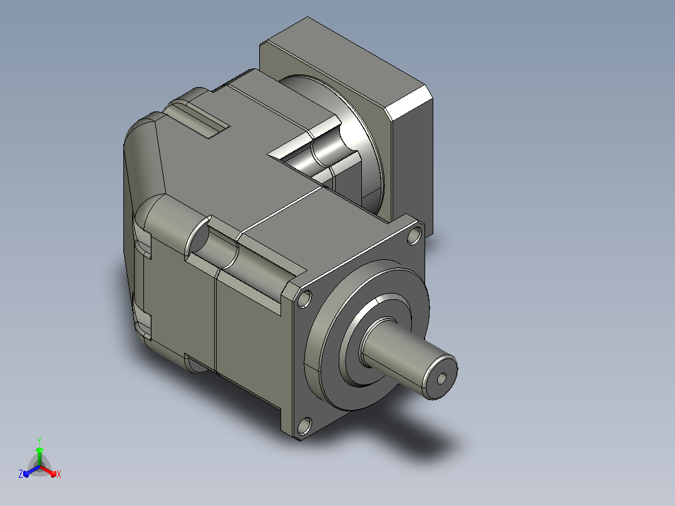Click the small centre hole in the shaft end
441,379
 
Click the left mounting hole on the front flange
304,299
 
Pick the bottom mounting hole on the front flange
304,425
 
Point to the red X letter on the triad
59,474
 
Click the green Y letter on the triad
39,440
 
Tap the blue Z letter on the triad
20,474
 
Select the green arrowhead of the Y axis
39,450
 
